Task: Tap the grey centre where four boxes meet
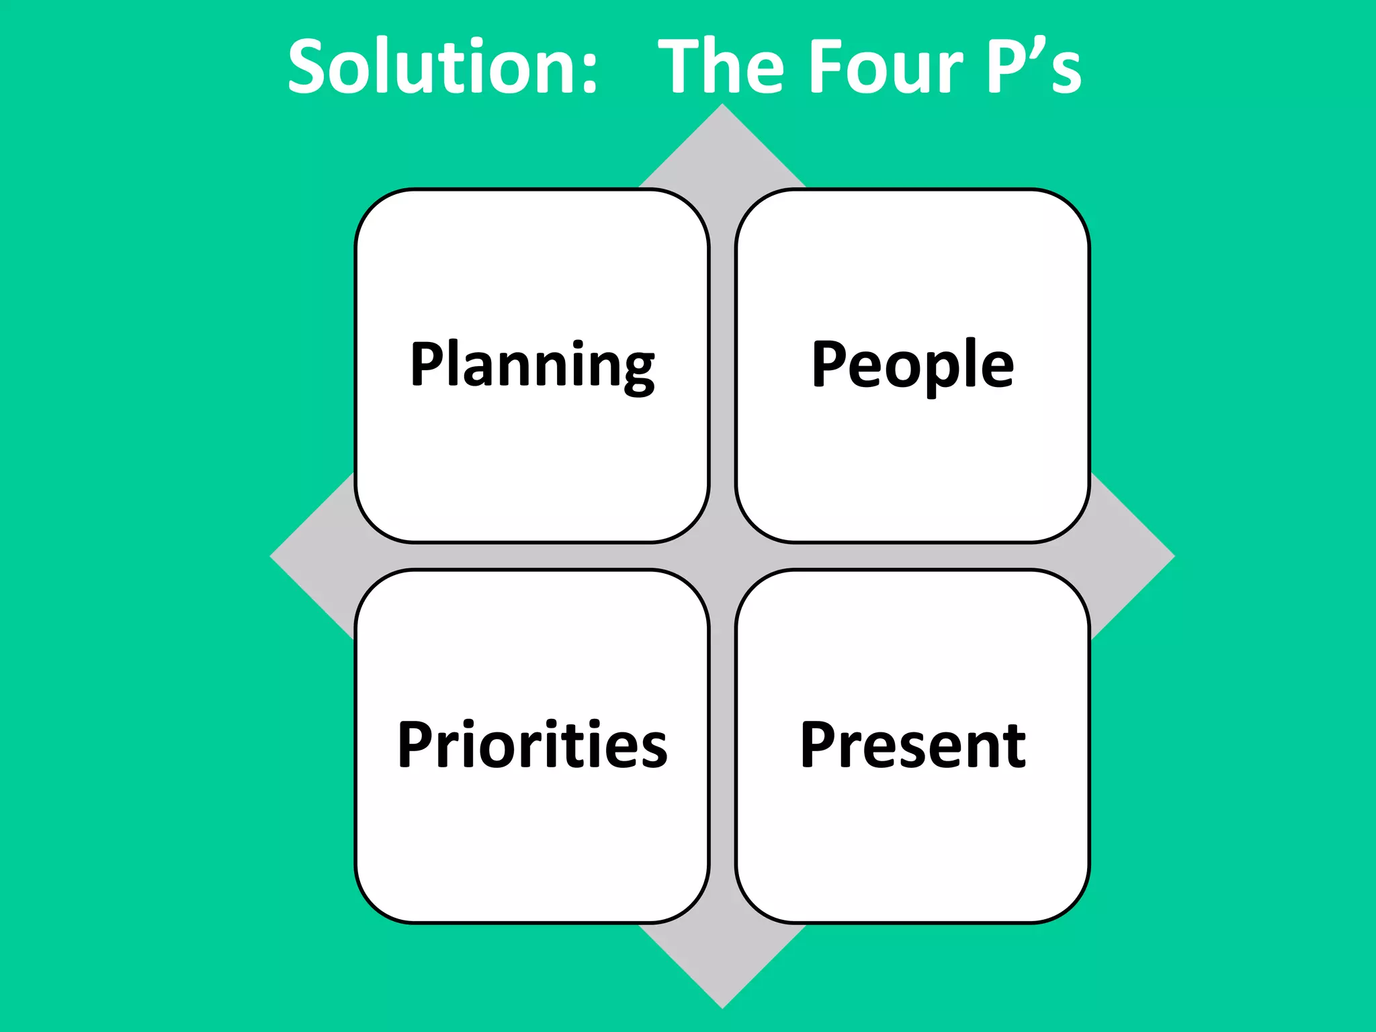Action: (722, 556)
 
